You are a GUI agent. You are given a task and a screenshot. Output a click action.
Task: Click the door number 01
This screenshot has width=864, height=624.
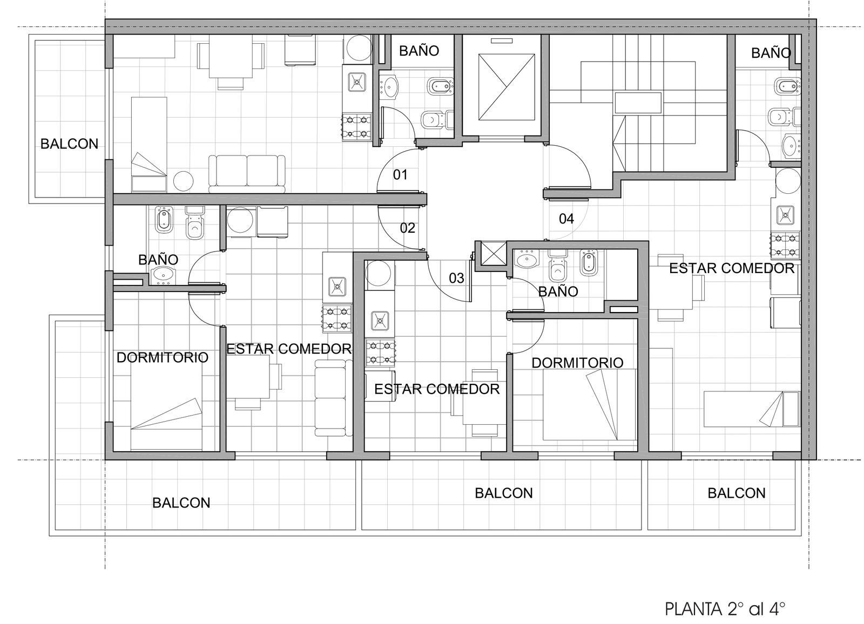coord(400,175)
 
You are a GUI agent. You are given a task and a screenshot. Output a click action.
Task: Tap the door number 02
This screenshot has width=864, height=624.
coord(407,228)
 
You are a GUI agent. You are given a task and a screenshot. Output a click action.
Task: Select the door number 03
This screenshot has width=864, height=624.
coord(456,277)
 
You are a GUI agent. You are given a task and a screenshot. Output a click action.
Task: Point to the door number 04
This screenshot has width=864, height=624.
coord(566,219)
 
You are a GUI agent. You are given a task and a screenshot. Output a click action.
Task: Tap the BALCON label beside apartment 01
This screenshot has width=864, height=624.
coord(70,144)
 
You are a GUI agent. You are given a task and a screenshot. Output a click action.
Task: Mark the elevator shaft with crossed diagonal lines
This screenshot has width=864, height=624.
coord(507,87)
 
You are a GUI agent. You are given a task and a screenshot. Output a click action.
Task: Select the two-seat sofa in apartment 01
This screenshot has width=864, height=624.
coord(247,174)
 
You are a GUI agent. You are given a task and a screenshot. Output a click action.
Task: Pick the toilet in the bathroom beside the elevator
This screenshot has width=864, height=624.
coord(438,119)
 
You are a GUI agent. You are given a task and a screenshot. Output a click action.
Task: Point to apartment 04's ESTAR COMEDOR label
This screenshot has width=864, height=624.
coord(731,268)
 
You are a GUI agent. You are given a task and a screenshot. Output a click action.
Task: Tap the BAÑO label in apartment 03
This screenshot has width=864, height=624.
coord(558,291)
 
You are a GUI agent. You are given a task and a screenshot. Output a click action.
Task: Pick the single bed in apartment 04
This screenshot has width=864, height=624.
coord(752,409)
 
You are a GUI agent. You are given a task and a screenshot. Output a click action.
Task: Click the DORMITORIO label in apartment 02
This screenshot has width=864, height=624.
coord(163,357)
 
